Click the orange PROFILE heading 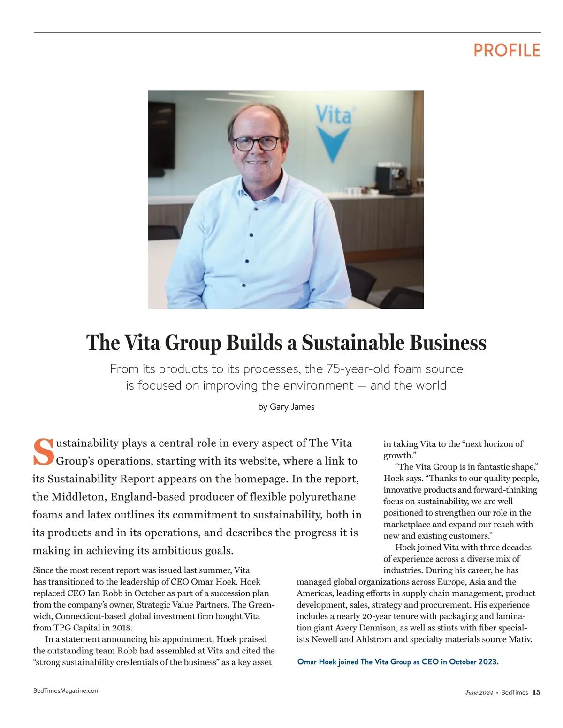point(507,50)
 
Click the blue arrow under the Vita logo point(333,143)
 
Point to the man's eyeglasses point(256,143)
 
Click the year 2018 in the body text point(122,628)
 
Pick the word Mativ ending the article point(519,639)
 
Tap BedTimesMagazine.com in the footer point(67,690)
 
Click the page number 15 point(536,692)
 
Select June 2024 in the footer point(479,693)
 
